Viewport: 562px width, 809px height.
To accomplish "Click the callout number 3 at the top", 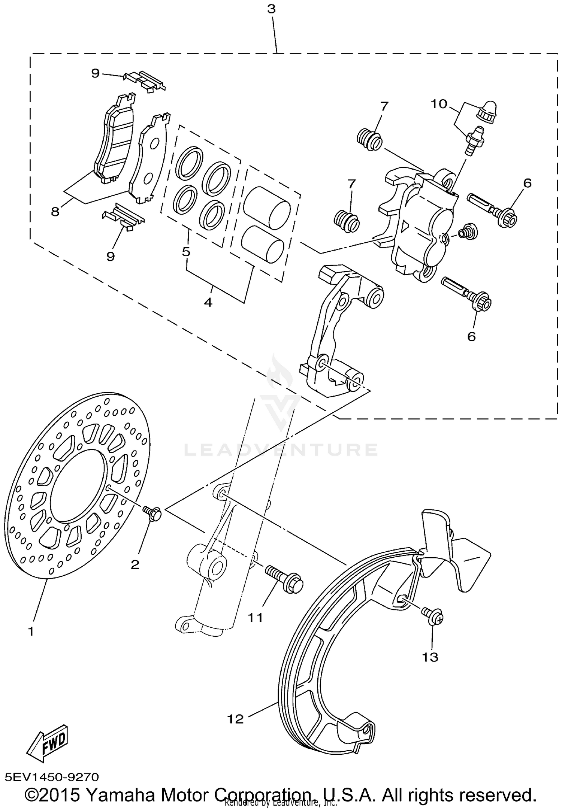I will click(271, 9).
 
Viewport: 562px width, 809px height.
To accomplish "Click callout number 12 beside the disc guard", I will click(235, 719).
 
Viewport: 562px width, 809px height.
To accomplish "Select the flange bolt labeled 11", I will click(284, 583).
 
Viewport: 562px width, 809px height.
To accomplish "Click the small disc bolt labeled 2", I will click(152, 513).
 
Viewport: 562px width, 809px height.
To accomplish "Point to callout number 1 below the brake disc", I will click(31, 631).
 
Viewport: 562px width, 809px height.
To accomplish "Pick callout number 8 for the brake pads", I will click(55, 212).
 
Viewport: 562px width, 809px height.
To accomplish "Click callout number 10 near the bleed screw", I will click(439, 104).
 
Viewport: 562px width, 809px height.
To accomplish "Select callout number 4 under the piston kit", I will click(208, 302).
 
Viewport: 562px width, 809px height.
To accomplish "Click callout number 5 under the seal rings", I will click(186, 251).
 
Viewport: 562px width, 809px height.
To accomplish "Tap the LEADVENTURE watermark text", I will click(281, 450).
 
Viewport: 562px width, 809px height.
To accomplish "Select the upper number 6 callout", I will click(528, 183).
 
